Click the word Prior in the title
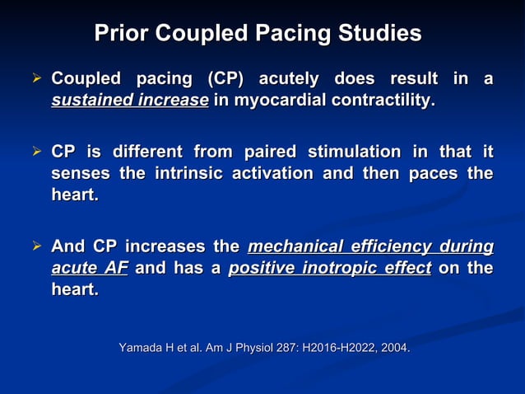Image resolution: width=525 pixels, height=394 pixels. (x=121, y=34)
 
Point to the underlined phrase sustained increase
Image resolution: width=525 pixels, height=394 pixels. (x=129, y=101)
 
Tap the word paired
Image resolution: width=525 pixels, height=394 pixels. (x=267, y=152)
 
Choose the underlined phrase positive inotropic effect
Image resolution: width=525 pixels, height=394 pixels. (x=329, y=269)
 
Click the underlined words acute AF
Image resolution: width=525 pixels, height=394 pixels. (x=89, y=269)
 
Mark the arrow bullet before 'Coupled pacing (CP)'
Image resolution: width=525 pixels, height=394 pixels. (x=37, y=80)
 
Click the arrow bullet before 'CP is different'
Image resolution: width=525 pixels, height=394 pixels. (x=37, y=152)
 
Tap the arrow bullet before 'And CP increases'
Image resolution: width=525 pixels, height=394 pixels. (x=37, y=247)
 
